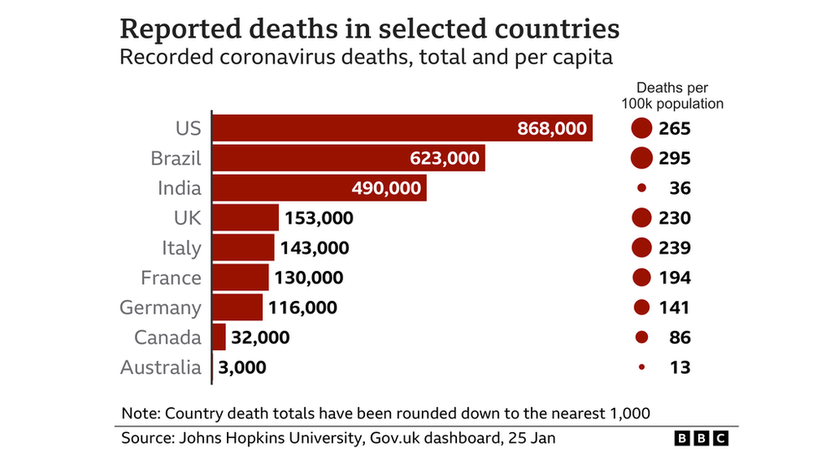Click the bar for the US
point(402,128)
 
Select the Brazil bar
point(348,158)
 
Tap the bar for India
point(319,188)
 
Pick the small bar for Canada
point(219,338)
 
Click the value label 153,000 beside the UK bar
point(319,218)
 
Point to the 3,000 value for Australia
point(242,367)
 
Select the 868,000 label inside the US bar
point(552,129)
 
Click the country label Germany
point(161,308)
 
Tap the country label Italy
point(182,248)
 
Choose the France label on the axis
point(171,278)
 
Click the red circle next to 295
point(642,158)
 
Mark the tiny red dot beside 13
point(642,367)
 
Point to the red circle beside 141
point(642,308)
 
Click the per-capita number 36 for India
point(680,188)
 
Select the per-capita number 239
point(674,248)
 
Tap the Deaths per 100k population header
point(672,95)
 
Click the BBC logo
point(701,437)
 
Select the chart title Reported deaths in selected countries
point(370,28)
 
